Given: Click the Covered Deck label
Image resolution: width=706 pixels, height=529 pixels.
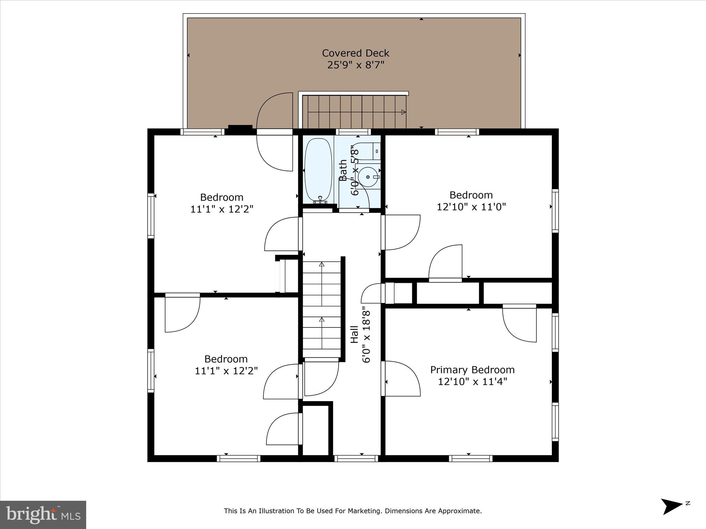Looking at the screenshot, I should tap(355, 53).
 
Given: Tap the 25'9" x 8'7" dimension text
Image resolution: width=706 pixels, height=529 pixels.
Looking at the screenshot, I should tap(355, 65).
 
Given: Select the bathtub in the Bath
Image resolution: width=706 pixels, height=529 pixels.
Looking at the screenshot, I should tap(318, 170).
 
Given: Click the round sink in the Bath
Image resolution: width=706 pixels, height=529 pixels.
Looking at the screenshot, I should tap(368, 177).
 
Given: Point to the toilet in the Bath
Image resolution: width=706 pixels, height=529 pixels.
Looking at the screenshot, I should tap(370, 151).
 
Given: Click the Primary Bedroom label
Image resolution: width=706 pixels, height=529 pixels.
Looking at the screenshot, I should tap(472, 370).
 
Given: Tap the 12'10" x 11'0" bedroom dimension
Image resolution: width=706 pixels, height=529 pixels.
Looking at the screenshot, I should tap(471, 207).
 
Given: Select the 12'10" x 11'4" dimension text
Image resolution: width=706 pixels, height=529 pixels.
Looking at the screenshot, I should tap(472, 382).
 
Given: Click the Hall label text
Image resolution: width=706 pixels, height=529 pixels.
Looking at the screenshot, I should tap(354, 334).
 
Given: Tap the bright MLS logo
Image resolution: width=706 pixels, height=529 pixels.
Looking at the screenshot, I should tap(43, 515).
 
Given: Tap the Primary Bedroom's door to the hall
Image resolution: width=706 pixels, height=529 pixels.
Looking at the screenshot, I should tap(402, 378).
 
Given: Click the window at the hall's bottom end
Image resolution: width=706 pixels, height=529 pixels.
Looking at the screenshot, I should tap(356, 458).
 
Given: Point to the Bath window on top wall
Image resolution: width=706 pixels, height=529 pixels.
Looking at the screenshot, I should tap(353, 132).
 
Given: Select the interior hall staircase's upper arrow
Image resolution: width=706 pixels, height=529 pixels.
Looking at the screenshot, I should tap(322, 264).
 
